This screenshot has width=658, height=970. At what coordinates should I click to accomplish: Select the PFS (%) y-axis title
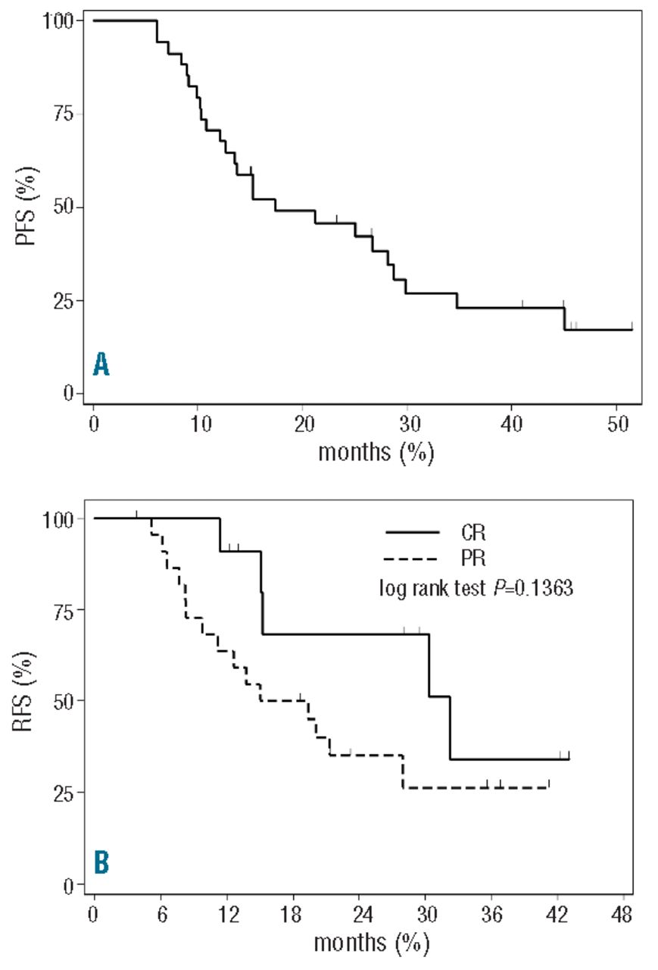(x=25, y=206)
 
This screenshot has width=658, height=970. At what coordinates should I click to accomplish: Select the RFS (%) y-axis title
(x=25, y=701)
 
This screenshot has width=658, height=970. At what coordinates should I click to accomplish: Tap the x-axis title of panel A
(x=376, y=452)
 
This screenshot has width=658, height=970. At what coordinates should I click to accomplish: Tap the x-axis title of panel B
(x=371, y=943)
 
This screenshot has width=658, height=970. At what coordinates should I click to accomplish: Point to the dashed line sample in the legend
(x=413, y=559)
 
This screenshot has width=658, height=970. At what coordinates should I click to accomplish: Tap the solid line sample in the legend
(x=413, y=533)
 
